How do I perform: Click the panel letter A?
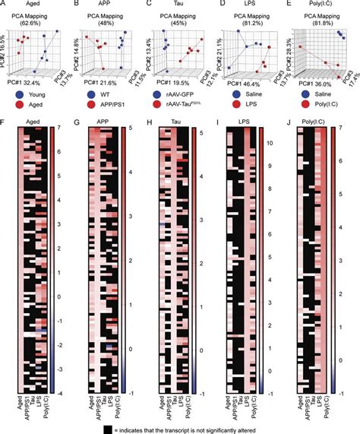tap(5, 3)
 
